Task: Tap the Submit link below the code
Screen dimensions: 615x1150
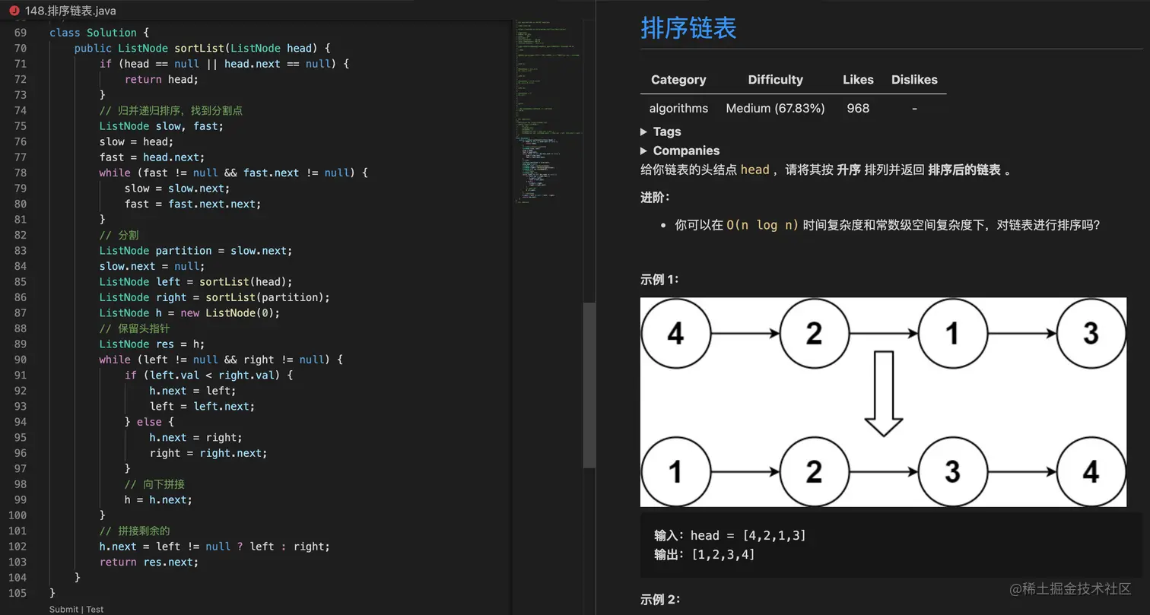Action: click(63, 609)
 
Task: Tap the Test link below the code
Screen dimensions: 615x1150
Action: click(95, 609)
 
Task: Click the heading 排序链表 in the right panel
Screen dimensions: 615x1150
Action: click(688, 29)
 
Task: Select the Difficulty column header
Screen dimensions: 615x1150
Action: click(775, 80)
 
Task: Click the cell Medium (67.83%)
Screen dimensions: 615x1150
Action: click(775, 108)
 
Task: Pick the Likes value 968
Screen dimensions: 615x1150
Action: click(858, 108)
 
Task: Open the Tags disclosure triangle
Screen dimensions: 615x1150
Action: click(644, 132)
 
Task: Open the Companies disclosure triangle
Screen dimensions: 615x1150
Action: click(644, 151)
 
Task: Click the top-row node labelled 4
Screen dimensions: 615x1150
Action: click(675, 334)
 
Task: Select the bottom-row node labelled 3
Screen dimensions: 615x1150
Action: click(952, 472)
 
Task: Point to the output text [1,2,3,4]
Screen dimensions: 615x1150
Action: click(723, 555)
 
